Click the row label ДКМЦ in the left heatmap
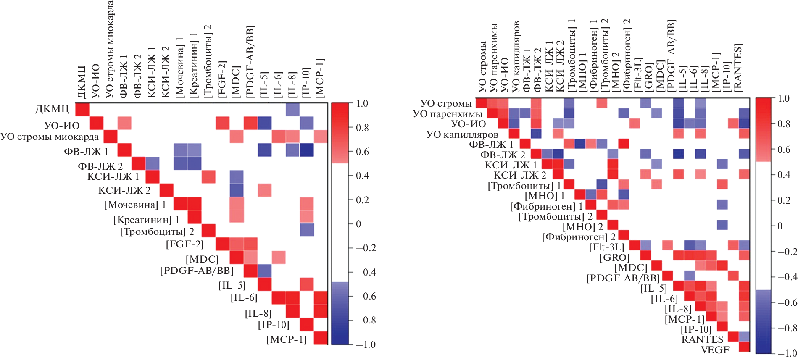coord(52,109)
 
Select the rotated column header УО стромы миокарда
coord(110,49)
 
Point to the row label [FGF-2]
coord(184,244)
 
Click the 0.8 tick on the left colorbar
coord(362,128)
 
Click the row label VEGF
coord(715,350)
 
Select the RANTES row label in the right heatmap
coord(702,339)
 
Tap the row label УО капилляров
coord(462,134)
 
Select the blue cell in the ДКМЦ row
coord(292,109)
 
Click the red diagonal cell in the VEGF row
coord(744,347)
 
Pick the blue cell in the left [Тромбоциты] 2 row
coord(307,230)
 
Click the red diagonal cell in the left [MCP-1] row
coord(321,338)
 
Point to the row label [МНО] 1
coord(545,196)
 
